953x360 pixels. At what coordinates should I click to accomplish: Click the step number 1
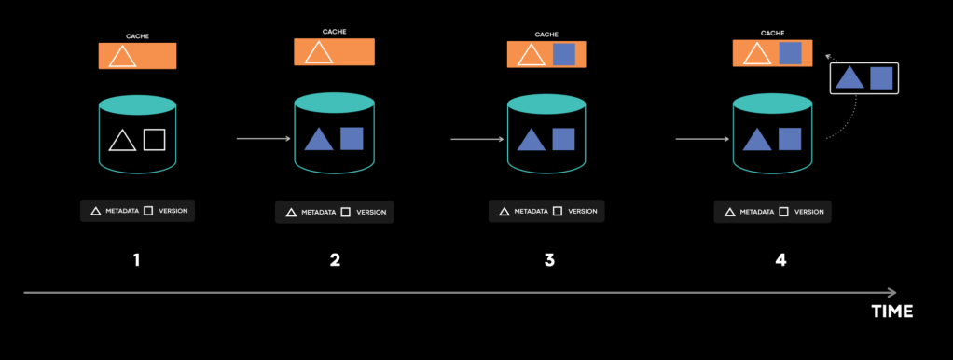pos(137,260)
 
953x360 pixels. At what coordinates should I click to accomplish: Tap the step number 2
pos(335,260)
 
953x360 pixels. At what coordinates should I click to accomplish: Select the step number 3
pos(549,260)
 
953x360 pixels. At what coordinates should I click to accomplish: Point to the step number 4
pos(780,260)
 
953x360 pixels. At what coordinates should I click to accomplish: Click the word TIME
pos(891,312)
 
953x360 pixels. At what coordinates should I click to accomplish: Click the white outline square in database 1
pos(154,140)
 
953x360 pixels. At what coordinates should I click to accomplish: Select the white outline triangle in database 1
pos(122,141)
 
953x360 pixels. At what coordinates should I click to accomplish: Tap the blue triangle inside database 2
pos(319,140)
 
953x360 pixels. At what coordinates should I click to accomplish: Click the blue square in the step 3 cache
pos(563,55)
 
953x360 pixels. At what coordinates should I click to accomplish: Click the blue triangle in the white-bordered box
pos(849,77)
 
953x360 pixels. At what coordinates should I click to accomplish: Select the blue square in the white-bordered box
pos(881,77)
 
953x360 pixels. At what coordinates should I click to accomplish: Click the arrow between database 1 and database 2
pos(264,140)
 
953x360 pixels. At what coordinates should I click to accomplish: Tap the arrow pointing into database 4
pos(700,140)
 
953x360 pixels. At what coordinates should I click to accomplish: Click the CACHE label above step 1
pos(137,36)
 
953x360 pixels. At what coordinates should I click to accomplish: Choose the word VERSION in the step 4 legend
pos(808,212)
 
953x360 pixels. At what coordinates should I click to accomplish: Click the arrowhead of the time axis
pos(892,292)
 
